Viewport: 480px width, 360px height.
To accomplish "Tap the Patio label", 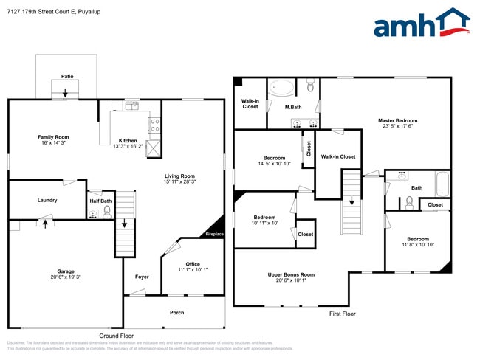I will (67, 76).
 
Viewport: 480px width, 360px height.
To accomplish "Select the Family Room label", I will (53, 136).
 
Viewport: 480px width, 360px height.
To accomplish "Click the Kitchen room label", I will (128, 141).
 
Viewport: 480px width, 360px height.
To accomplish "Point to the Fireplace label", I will (214, 235).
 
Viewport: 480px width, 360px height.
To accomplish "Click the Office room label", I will (193, 264).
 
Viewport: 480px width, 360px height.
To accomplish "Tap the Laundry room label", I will (47, 200).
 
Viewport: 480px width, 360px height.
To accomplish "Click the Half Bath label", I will (100, 201).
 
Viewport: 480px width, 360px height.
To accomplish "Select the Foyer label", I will (142, 277).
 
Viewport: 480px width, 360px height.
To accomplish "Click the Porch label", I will (177, 313).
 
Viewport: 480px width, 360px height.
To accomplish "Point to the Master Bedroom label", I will (397, 120).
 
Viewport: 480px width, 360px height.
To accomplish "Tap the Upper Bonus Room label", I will (291, 274).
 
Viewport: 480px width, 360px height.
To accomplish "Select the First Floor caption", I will (342, 314).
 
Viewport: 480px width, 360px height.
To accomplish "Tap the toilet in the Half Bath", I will (107, 212).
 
